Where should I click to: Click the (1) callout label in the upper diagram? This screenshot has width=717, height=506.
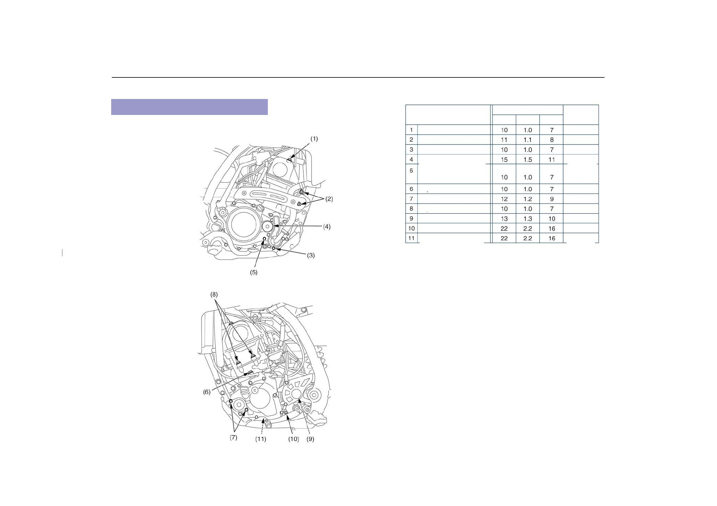tap(314, 139)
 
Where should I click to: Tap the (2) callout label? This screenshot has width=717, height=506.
tap(329, 199)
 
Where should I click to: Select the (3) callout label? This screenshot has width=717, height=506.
tap(311, 255)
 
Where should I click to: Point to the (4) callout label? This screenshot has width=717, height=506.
tap(327, 227)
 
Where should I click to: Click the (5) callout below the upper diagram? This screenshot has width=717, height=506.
tap(254, 273)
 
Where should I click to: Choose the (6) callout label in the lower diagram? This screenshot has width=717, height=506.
tap(207, 392)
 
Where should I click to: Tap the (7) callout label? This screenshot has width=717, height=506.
tap(233, 438)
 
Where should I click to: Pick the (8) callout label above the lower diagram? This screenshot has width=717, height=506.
tap(214, 295)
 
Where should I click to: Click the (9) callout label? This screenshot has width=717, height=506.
tap(310, 439)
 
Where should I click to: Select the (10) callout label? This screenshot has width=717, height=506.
tap(294, 439)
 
